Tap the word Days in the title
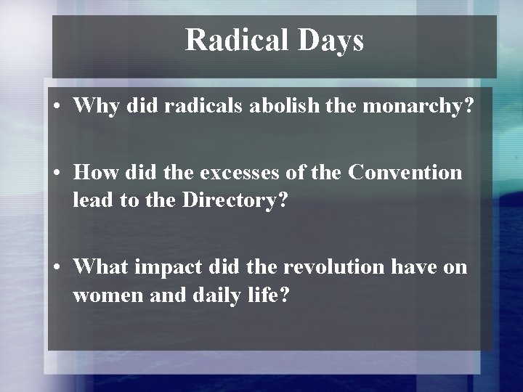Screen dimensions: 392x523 point(331,41)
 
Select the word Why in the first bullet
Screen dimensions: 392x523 point(94,107)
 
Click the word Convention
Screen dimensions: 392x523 point(405,173)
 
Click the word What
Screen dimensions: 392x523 point(100,267)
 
